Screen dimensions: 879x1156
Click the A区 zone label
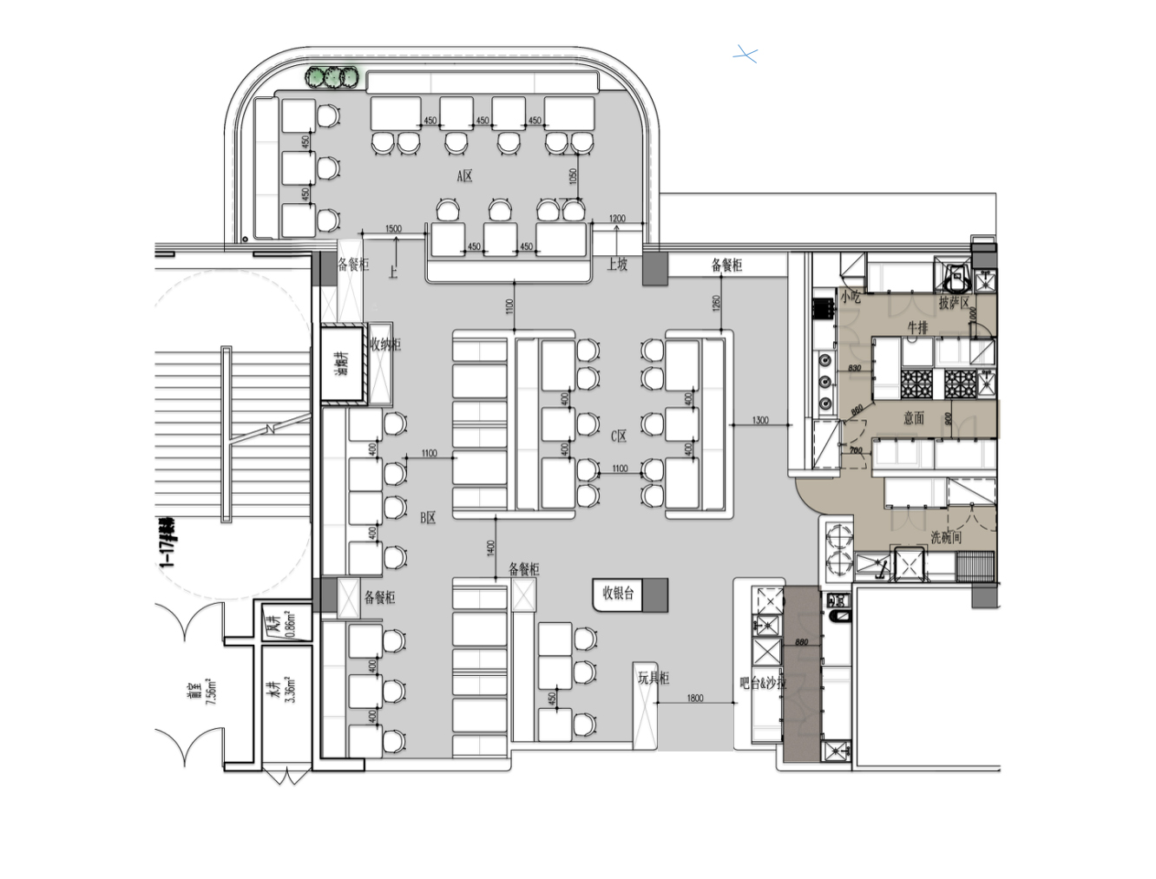[465, 176]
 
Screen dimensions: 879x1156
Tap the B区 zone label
[428, 518]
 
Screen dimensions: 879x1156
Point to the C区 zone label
[618, 436]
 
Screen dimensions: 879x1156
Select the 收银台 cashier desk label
[618, 594]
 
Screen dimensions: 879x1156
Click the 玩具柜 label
[654, 678]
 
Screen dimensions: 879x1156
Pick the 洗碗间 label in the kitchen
[946, 537]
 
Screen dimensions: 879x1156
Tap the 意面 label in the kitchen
[914, 418]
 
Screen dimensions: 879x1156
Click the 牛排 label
[917, 328]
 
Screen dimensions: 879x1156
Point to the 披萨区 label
[954, 303]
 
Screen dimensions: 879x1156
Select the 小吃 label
[850, 297]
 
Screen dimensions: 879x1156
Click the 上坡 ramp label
[617, 264]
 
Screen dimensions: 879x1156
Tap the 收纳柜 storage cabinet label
[385, 344]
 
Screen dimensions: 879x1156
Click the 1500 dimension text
[393, 229]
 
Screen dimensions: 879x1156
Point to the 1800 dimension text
[695, 698]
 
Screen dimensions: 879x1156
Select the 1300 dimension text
[760, 420]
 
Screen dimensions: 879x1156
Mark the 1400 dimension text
[491, 548]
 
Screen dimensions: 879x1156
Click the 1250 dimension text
[717, 304]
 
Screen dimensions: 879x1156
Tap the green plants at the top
[332, 77]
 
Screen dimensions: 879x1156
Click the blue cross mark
[745, 55]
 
